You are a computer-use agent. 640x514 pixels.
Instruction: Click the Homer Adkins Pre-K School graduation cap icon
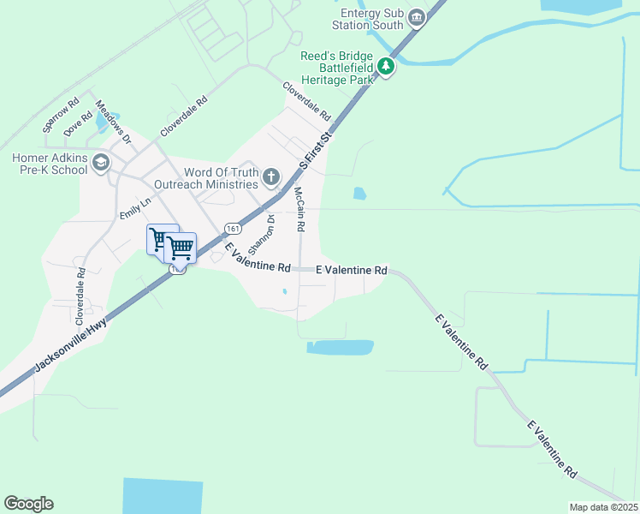pos(102,163)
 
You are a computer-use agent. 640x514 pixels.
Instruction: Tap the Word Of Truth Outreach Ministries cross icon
pos(271,177)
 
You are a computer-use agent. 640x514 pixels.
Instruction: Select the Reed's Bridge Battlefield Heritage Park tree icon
pos(386,66)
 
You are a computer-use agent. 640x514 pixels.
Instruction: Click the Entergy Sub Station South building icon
pos(416,18)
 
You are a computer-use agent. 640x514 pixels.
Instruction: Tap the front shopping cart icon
pos(181,248)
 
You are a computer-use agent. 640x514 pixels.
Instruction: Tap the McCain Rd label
pos(299,210)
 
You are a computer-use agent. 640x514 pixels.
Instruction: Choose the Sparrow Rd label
pos(60,114)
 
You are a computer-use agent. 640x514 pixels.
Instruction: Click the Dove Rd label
pos(78,124)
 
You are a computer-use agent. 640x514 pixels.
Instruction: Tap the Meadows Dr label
pos(113,123)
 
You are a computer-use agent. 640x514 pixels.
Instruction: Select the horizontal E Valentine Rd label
pos(352,270)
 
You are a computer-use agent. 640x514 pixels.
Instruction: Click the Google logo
pos(29,504)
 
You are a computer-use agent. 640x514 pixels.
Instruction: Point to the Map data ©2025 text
pos(603,506)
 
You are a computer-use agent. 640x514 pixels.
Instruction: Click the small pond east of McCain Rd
pos(359,194)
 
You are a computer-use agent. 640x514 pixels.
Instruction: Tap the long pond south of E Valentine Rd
pos(341,347)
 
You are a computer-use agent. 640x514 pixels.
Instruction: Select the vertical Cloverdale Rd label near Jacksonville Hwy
pos(80,296)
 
